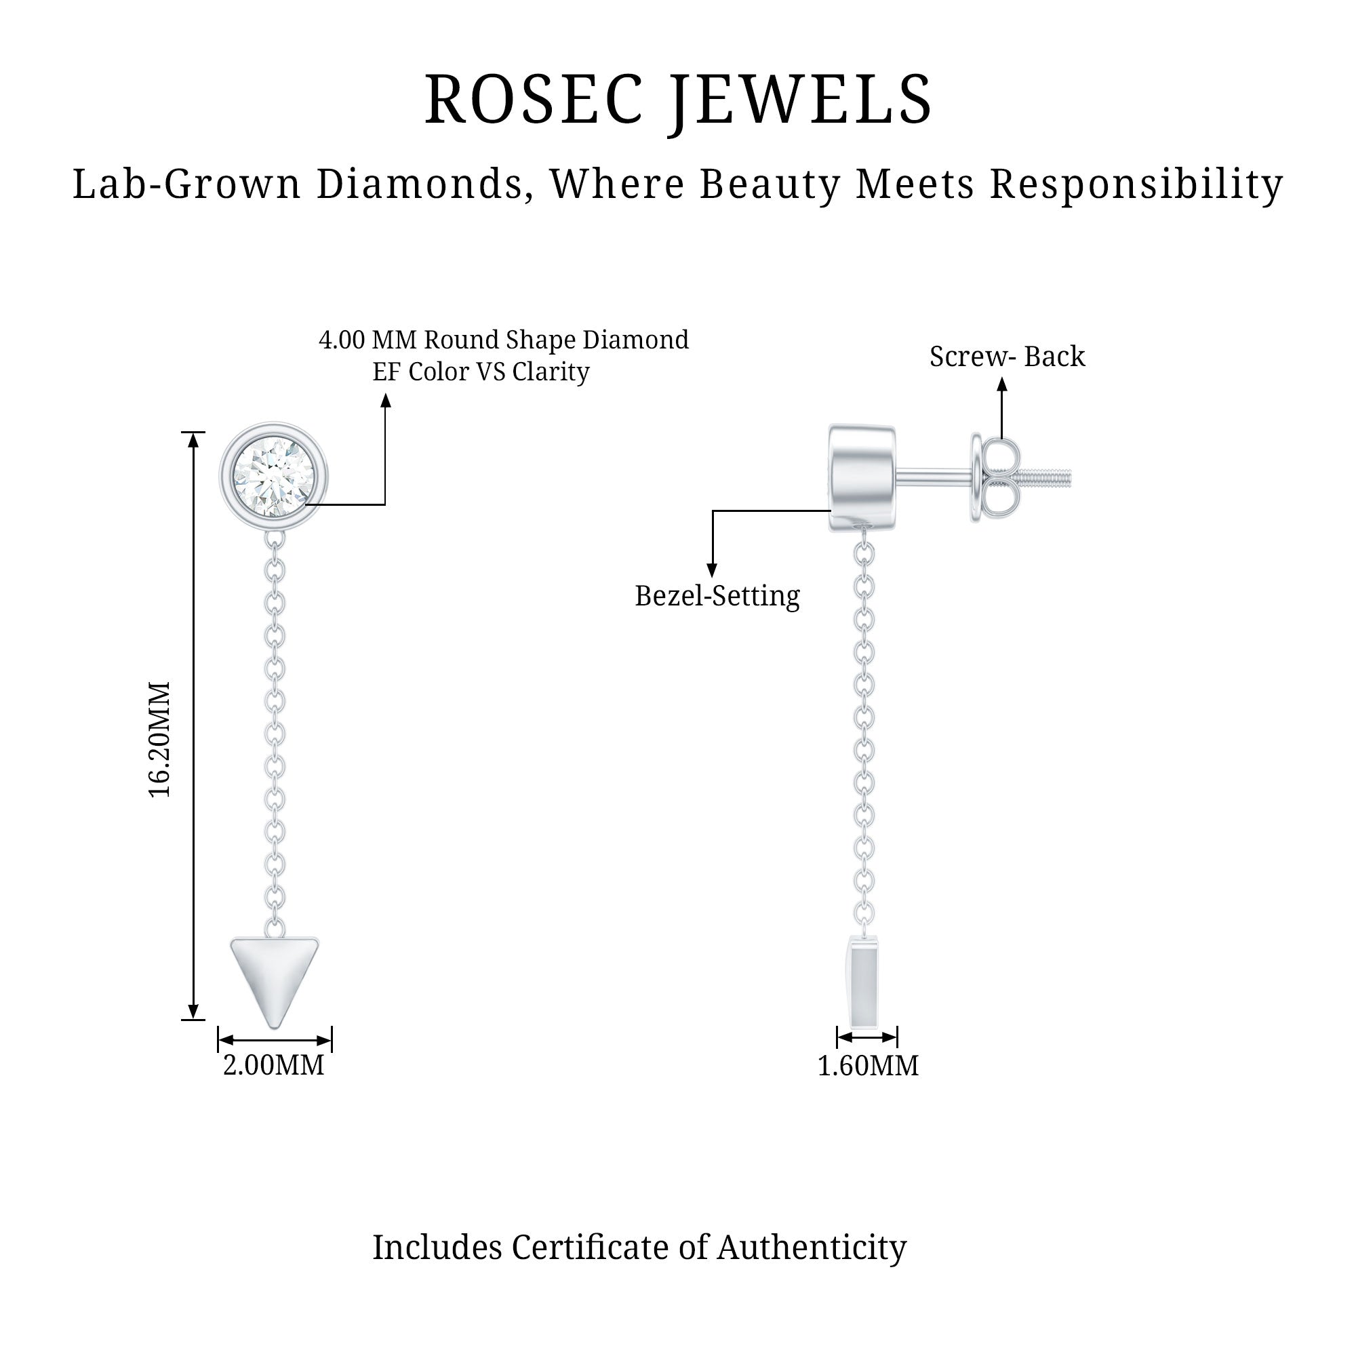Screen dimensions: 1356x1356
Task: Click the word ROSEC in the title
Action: pyautogui.click(x=533, y=100)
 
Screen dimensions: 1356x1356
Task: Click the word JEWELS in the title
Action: pyautogui.click(x=800, y=100)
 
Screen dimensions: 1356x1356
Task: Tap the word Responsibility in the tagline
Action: pyautogui.click(x=1136, y=184)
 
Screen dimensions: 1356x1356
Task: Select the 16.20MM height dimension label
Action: pyautogui.click(x=160, y=739)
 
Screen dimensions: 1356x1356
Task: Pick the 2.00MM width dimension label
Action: pyautogui.click(x=274, y=1064)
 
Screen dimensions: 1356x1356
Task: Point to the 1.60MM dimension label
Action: pyautogui.click(x=869, y=1065)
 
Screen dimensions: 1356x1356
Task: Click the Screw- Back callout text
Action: pyautogui.click(x=1008, y=357)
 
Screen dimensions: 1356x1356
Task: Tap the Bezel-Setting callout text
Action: pyautogui.click(x=717, y=596)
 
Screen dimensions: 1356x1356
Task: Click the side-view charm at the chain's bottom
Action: pyautogui.click(x=864, y=982)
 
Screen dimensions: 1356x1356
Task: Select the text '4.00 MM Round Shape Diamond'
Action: pyautogui.click(x=504, y=340)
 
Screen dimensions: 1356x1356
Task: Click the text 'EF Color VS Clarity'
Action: pyautogui.click(x=481, y=372)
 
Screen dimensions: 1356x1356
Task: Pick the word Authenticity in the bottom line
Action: pyautogui.click(x=812, y=1248)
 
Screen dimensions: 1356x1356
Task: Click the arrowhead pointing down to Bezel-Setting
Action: pyautogui.click(x=713, y=570)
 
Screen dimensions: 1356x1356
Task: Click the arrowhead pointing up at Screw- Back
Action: pyautogui.click(x=1002, y=384)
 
